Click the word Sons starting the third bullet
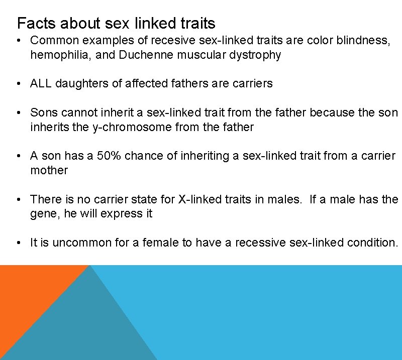pyautogui.click(x=42, y=112)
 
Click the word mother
pyautogui.click(x=49, y=170)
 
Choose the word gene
pyautogui.click(x=42, y=214)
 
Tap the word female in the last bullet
pyautogui.click(x=161, y=243)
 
